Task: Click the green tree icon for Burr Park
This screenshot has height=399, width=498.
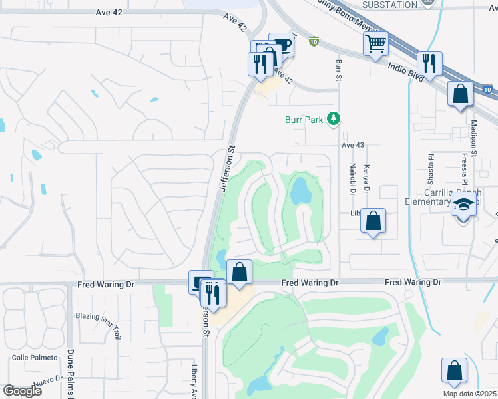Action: [334, 120]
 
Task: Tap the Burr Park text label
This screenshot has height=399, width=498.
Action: [304, 120]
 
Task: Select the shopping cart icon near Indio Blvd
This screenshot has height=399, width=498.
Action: [375, 44]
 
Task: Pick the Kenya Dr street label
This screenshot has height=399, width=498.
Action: [366, 178]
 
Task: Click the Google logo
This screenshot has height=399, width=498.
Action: [22, 391]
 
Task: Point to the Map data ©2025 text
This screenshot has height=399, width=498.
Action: [469, 394]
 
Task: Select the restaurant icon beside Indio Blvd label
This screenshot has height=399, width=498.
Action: [429, 64]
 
